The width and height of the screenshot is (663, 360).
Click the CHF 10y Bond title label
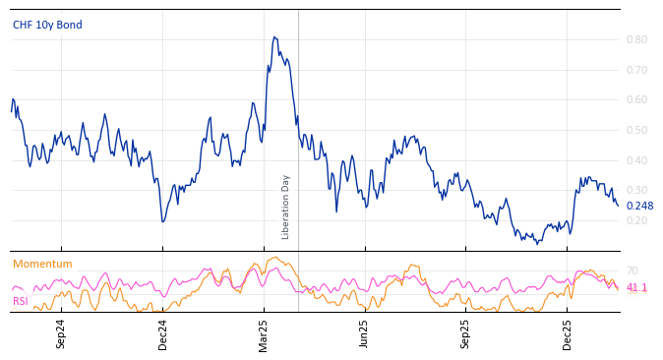pos(47,25)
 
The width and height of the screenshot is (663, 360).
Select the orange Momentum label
pos(42,264)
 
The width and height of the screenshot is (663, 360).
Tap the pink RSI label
pos(21,301)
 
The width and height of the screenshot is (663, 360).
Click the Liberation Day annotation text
pos(286,207)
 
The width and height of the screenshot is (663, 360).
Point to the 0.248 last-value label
pos(639,206)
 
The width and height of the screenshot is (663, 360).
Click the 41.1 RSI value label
pos(636,287)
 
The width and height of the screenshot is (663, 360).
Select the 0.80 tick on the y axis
pos(635,39)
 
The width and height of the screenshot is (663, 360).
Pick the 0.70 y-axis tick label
pos(635,70)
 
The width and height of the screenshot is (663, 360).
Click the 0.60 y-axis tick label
pos(635,99)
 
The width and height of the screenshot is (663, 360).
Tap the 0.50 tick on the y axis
pos(635,130)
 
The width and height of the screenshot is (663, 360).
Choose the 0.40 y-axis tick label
pos(635,160)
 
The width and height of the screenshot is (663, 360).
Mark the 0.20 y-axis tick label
pos(635,220)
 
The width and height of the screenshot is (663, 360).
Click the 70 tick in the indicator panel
pos(632,270)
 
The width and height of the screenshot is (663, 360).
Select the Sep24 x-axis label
pos(61,333)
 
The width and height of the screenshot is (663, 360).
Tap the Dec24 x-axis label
pos(163,333)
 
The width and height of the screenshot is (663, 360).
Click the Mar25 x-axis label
pos(264,333)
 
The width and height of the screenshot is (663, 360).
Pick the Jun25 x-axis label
pos(365,333)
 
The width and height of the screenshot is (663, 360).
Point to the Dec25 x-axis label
pos(568,333)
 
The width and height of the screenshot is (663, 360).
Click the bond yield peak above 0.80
pos(274,37)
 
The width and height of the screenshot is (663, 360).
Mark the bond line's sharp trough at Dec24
pos(162,221)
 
